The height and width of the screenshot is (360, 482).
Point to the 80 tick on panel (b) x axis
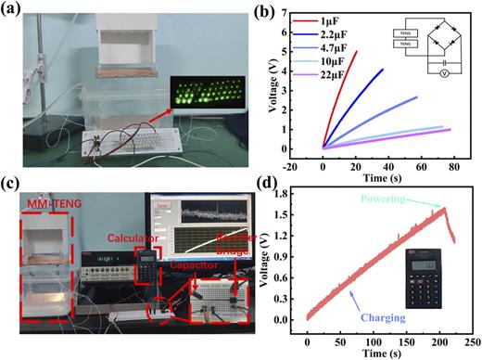[458, 159]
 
